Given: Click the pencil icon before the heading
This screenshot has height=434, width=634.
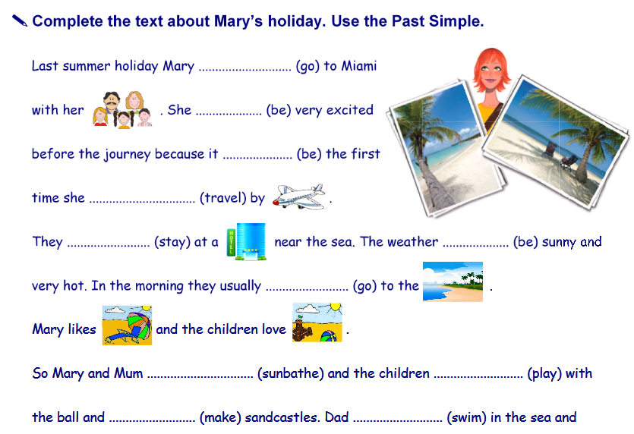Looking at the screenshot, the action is pyautogui.click(x=20, y=20).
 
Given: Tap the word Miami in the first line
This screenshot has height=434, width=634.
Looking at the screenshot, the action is pyautogui.click(x=359, y=66).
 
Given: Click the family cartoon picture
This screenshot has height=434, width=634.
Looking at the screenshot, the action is pyautogui.click(x=122, y=109).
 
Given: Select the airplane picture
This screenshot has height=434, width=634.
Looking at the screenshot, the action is pyautogui.click(x=299, y=197).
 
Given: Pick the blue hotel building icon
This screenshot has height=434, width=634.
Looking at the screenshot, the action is pyautogui.click(x=246, y=241).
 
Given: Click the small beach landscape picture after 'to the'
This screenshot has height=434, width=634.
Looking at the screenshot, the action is pyautogui.click(x=453, y=281).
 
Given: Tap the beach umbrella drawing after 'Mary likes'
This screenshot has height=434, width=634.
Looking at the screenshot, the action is pyautogui.click(x=127, y=325).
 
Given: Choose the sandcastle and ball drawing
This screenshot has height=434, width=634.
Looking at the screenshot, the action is pyautogui.click(x=317, y=322).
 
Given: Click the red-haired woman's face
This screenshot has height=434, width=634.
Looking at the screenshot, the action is pyautogui.click(x=491, y=73).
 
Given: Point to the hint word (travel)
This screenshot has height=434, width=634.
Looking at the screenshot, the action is pyautogui.click(x=222, y=198).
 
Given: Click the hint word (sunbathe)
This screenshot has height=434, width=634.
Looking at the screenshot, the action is pyautogui.click(x=290, y=373).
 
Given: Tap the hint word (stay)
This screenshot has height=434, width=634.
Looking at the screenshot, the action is pyautogui.click(x=172, y=242).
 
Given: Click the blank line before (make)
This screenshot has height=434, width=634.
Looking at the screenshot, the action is pyautogui.click(x=152, y=421).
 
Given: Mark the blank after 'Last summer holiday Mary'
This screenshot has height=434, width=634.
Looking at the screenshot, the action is pyautogui.click(x=244, y=70).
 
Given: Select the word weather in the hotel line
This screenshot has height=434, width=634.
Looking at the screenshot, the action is pyautogui.click(x=412, y=241).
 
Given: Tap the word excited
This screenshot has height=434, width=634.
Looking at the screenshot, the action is pyautogui.click(x=350, y=110).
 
